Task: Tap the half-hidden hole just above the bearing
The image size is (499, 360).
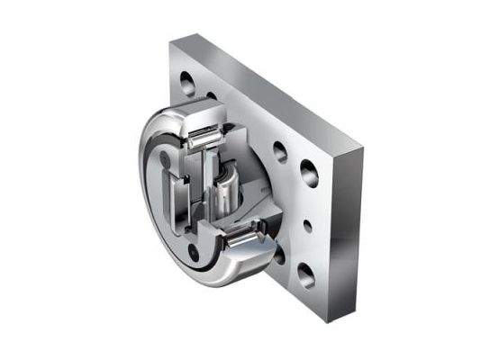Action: (x=213, y=96)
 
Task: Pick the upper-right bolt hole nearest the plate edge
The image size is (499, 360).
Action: (x=308, y=168)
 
